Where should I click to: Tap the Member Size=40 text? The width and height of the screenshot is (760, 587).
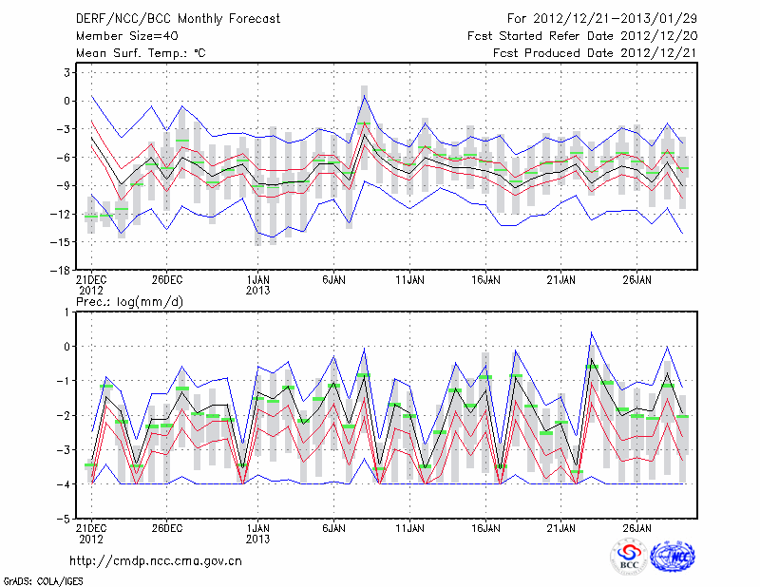pos(125,36)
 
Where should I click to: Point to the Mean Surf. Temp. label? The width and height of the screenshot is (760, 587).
pos(141,54)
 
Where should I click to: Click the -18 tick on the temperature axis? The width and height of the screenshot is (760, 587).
pos(65,271)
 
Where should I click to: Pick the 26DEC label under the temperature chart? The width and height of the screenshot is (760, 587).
pos(166,280)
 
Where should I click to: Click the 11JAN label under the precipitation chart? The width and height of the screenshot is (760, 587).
pos(409,527)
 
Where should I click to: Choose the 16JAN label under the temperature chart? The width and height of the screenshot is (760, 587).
pos(485,280)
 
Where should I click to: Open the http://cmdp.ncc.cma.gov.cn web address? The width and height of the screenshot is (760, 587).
pos(156,560)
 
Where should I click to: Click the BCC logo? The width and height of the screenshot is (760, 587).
pos(629,559)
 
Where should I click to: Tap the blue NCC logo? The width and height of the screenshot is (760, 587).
pos(672,558)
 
